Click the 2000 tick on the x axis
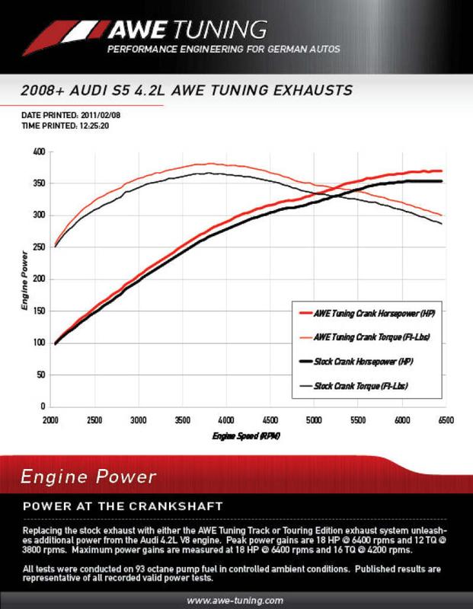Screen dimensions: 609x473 point(52,419)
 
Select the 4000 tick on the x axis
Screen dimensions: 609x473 point(225,419)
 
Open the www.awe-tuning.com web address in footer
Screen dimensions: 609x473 point(235,600)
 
